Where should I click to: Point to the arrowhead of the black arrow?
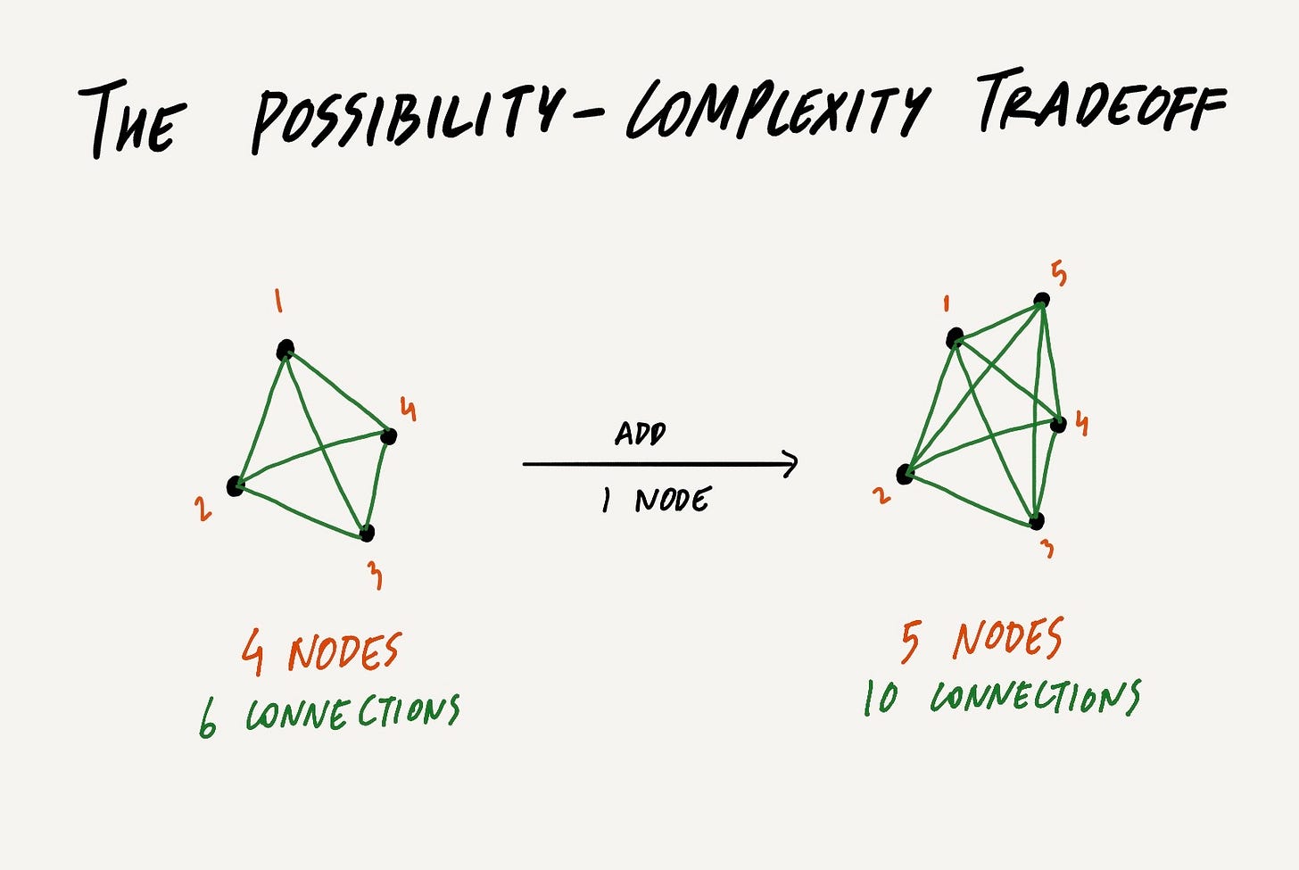pyautogui.click(x=790, y=464)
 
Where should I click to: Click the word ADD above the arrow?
pyautogui.click(x=641, y=435)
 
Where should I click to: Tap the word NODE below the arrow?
pyautogui.click(x=672, y=501)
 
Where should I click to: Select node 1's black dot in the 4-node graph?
pyautogui.click(x=285, y=350)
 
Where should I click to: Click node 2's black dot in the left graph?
pyautogui.click(x=236, y=486)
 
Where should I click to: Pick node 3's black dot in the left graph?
pyautogui.click(x=367, y=534)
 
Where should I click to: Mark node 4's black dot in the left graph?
pyautogui.click(x=388, y=436)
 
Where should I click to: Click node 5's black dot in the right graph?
pyautogui.click(x=1041, y=301)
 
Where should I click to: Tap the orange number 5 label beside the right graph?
pyautogui.click(x=1059, y=274)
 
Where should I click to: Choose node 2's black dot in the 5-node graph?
pyautogui.click(x=905, y=475)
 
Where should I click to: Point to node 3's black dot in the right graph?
pyautogui.click(x=1036, y=521)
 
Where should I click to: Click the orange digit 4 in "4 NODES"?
pyautogui.click(x=253, y=654)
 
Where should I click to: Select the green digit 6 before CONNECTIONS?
pyautogui.click(x=208, y=720)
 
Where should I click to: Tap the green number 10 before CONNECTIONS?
pyautogui.click(x=881, y=699)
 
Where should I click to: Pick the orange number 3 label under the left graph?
pyautogui.click(x=376, y=576)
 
